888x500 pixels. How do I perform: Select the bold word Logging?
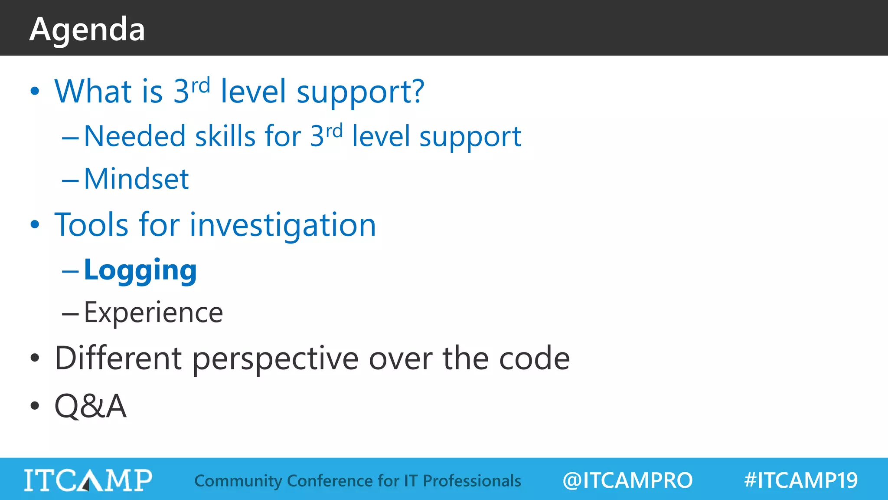[140, 270]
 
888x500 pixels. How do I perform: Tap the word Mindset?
[136, 179]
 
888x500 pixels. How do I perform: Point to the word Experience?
[153, 312]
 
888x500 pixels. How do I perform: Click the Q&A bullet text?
[90, 406]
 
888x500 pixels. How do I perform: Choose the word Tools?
[91, 225]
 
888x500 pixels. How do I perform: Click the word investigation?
[283, 226]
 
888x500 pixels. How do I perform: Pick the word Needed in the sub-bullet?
[134, 136]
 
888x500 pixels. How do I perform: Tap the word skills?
[225, 136]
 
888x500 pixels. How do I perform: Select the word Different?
[118, 359]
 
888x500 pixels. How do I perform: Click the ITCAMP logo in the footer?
[88, 480]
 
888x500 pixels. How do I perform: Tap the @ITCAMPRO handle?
[627, 480]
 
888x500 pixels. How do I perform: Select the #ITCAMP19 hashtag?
[801, 480]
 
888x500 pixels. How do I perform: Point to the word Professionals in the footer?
[472, 481]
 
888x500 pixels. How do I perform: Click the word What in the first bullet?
[93, 92]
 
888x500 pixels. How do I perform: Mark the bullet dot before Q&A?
[35, 406]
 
